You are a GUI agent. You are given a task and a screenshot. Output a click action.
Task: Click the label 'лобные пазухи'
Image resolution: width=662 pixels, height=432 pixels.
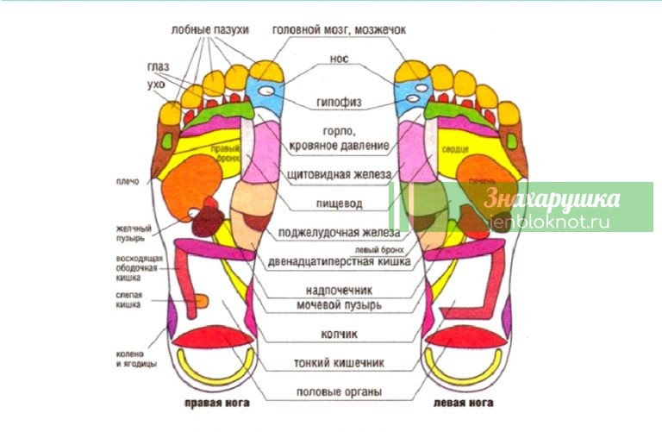[x=209, y=29]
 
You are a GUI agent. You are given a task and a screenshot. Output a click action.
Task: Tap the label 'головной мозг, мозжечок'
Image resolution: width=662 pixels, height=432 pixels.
[x=339, y=29]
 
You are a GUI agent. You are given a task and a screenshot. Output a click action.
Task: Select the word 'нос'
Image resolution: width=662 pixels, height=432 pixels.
[x=339, y=60]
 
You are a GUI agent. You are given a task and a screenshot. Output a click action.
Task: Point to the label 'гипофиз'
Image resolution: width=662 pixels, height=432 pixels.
[x=338, y=103]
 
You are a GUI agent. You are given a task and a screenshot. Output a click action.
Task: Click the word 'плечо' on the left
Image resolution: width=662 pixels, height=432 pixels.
[x=127, y=181]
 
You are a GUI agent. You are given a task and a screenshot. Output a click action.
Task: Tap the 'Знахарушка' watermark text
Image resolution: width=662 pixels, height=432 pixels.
[x=553, y=199]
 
